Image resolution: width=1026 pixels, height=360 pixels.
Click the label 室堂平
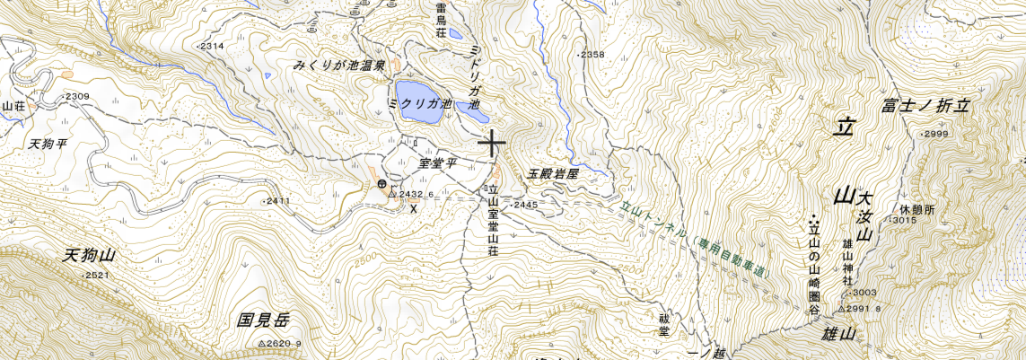[438, 164]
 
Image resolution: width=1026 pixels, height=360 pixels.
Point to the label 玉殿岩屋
[552, 174]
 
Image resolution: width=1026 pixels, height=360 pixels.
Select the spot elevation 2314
[211, 46]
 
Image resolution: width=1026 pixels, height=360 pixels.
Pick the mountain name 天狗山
[90, 256]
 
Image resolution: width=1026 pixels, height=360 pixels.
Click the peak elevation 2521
[98, 276]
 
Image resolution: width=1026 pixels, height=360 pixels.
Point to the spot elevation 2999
[935, 134]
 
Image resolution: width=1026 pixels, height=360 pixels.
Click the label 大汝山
[864, 215]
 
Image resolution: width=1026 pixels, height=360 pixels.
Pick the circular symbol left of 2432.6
[382, 185]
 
